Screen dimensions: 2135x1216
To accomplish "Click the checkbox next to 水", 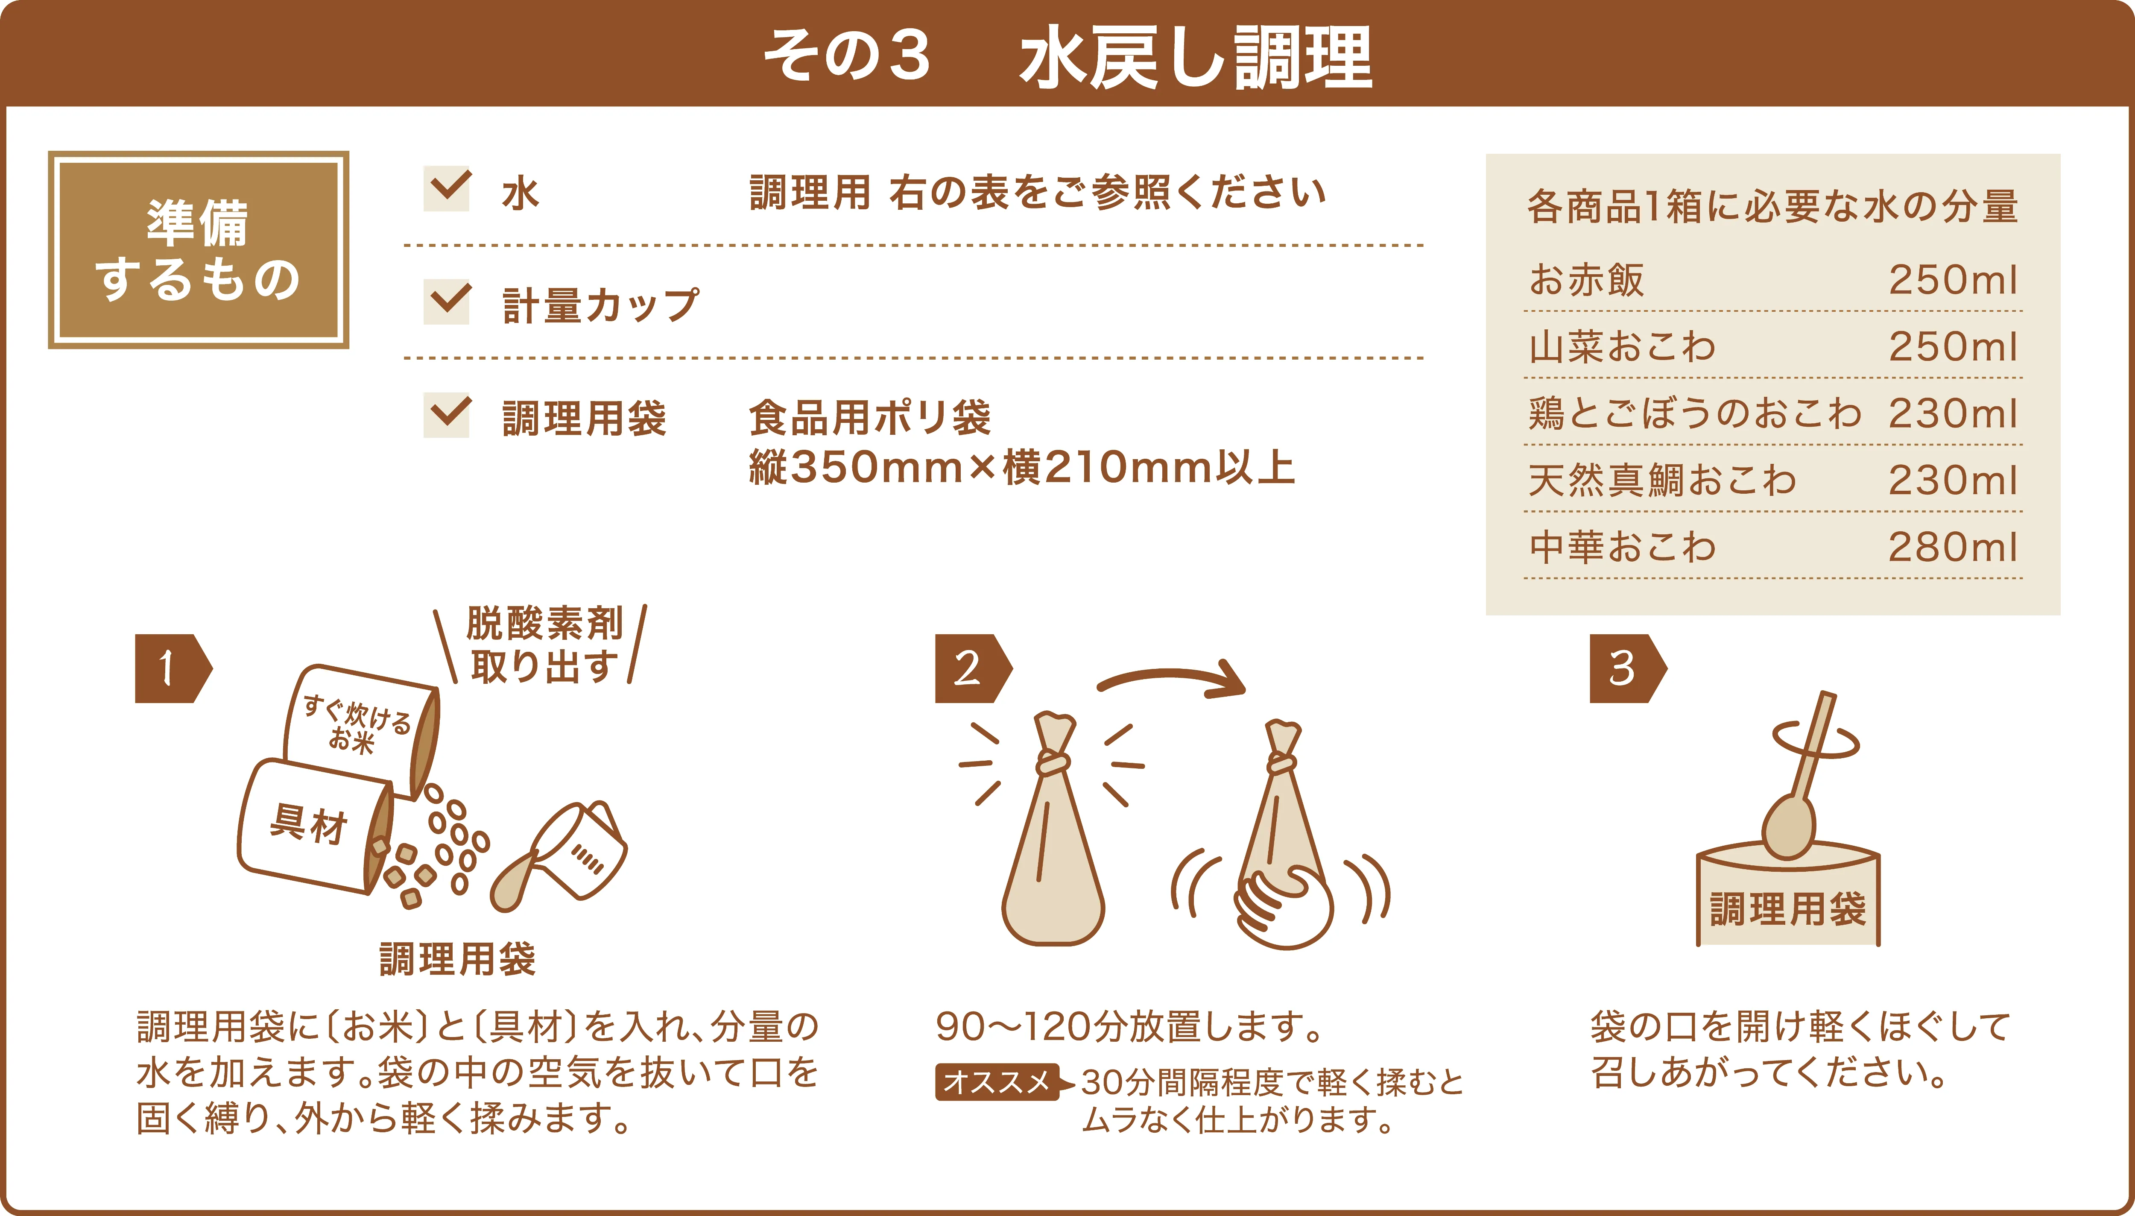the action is tap(447, 189).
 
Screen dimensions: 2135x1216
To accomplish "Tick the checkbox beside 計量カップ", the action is tap(447, 302).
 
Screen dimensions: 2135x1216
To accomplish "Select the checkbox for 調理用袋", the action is tap(447, 415).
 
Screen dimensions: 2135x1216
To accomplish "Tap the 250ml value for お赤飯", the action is tap(1952, 280).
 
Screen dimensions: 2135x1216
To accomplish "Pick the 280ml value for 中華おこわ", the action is tap(1952, 547).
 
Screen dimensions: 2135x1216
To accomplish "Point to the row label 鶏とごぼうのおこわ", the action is tap(1695, 413).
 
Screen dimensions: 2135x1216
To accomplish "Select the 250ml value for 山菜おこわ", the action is tap(1952, 346).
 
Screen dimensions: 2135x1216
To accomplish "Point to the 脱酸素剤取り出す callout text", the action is tap(544, 645).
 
